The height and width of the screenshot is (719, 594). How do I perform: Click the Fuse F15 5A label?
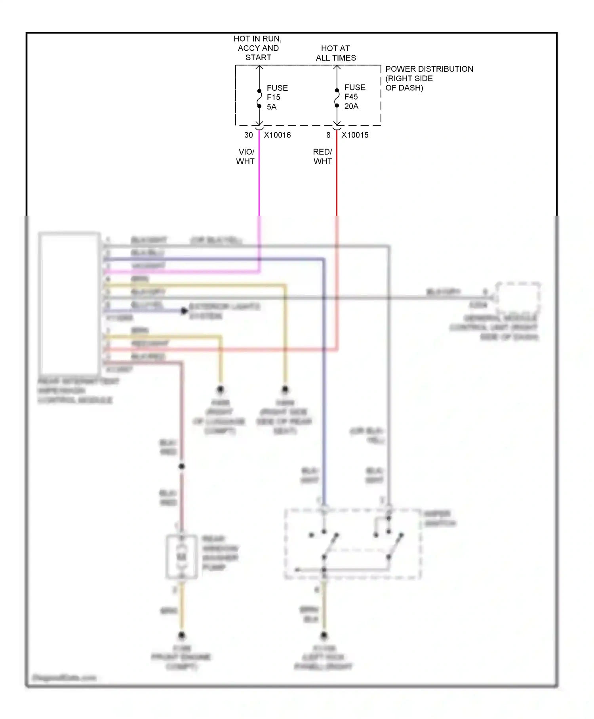pos(277,98)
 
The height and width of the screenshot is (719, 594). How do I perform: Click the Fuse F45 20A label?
pos(354,97)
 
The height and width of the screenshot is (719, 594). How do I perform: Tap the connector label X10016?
pos(277,135)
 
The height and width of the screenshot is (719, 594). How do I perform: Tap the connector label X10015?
pos(355,135)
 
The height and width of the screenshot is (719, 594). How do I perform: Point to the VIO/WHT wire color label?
pos(246,157)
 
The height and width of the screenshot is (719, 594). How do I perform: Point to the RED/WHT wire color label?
pos(323,157)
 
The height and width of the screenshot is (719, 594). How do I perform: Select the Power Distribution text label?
pos(429,78)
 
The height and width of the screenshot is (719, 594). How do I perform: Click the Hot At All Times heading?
pos(335,53)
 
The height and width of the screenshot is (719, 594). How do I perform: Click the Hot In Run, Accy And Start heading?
pos(258,48)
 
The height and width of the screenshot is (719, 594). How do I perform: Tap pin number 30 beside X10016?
pos(248,135)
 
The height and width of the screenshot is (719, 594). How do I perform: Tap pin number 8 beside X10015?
pos(328,135)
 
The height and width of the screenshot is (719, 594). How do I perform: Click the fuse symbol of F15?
pos(259,98)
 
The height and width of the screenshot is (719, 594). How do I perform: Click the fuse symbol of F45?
pos(337,98)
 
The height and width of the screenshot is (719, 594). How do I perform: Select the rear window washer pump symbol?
pos(182,557)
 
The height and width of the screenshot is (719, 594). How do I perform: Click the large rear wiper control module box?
pos(69,303)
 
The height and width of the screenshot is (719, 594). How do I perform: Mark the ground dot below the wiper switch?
pos(324,635)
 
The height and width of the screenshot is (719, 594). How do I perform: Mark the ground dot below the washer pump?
pos(182,635)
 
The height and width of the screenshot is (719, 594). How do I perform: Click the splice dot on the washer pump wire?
pos(182,467)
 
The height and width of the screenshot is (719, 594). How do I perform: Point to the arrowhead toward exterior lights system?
pos(184,311)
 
